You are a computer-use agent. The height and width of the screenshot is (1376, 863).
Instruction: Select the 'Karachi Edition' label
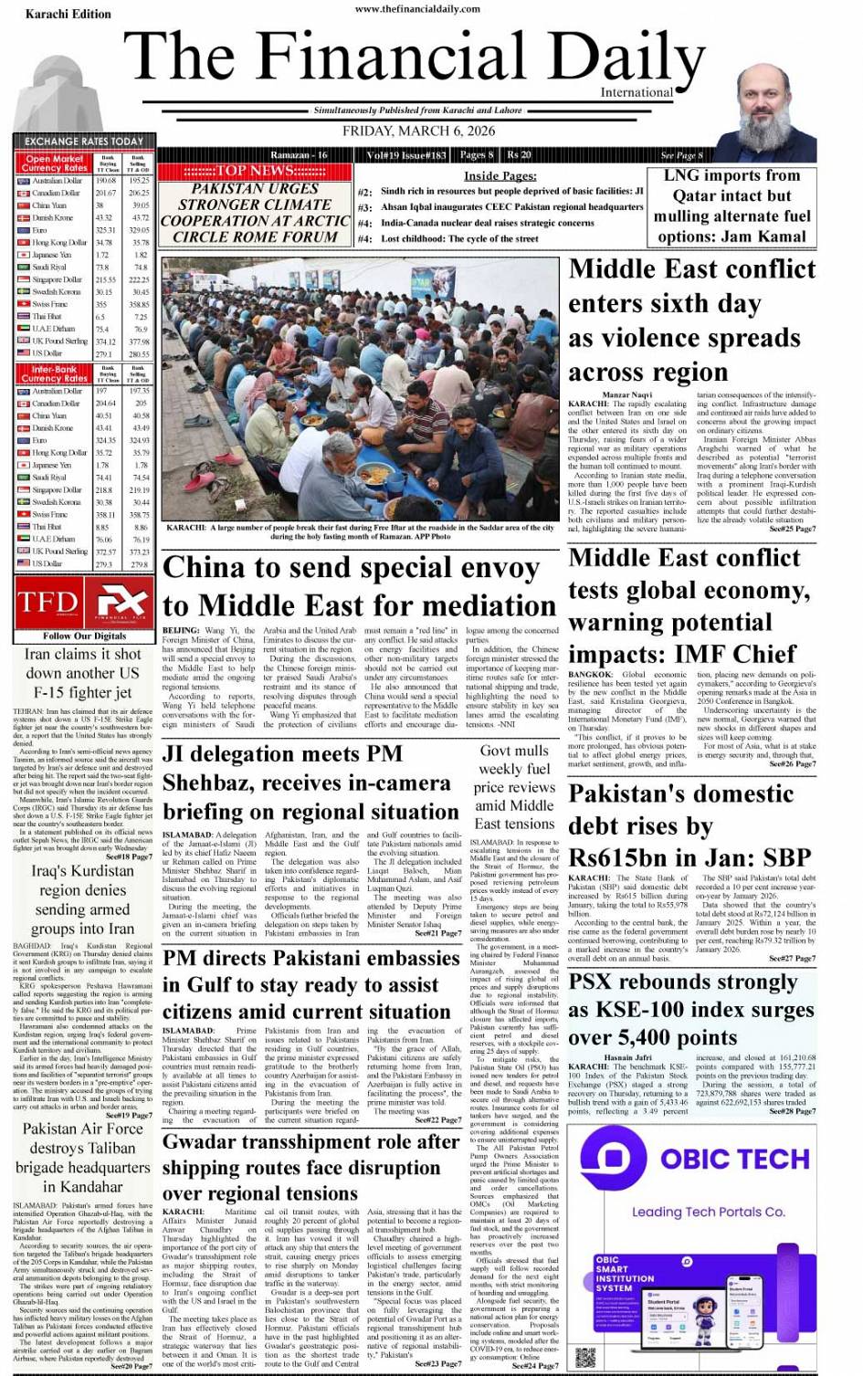68,15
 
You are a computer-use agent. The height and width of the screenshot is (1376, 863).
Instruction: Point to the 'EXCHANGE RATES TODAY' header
84,142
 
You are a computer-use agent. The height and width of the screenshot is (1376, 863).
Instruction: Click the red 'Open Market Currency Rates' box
55,163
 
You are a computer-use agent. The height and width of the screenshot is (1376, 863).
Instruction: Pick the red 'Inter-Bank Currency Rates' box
55,374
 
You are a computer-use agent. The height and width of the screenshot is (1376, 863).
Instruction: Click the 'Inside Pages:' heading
500,175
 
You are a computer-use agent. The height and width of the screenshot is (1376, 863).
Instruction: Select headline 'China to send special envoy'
351,568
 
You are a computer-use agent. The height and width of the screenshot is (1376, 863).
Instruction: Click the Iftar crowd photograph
360,389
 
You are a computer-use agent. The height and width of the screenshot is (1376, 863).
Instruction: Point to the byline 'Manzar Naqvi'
628,394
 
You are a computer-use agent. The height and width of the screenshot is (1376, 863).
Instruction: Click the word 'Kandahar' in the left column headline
83,1186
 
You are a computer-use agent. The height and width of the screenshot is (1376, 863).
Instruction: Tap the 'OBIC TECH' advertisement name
734,1159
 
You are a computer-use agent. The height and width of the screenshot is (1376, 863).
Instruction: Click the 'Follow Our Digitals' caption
84,635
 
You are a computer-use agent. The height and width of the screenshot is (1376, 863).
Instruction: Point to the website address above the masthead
417,9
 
